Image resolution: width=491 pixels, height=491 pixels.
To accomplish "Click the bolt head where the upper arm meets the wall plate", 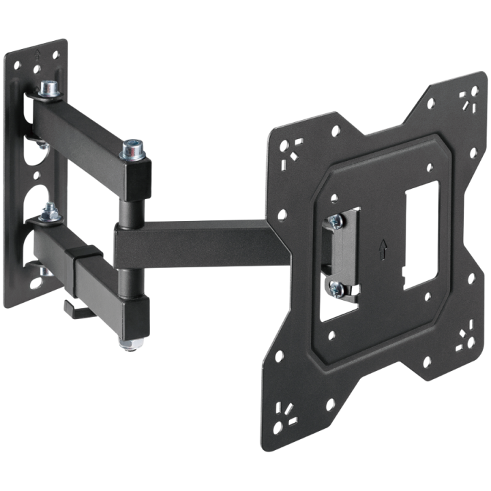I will point(48,89).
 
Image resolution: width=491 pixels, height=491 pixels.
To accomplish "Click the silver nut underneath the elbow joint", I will point(129,345).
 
